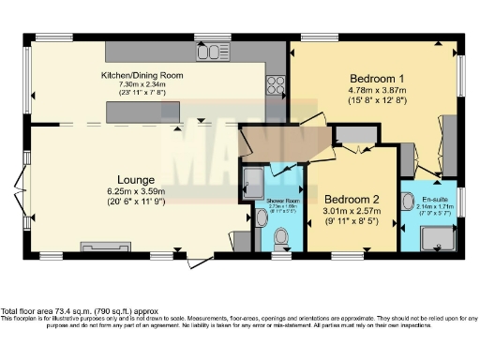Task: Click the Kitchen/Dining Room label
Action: coord(142,75)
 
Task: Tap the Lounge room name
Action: coord(136,179)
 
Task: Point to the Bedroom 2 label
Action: coord(352,199)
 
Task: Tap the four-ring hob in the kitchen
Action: coord(276,84)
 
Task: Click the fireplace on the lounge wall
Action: coord(101,247)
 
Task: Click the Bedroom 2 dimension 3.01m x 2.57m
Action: coord(352,213)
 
